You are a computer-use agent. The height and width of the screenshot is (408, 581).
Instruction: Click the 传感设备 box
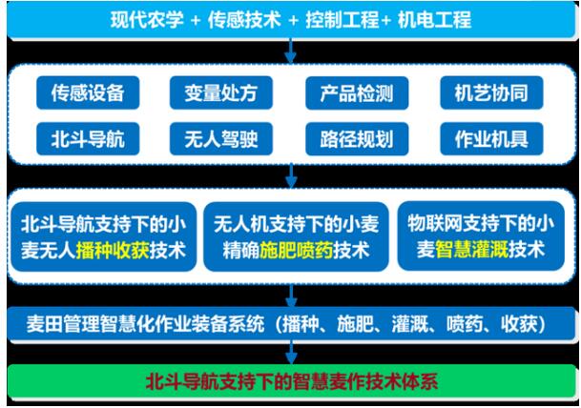[88, 92]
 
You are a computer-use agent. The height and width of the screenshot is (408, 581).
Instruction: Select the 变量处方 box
[221, 92]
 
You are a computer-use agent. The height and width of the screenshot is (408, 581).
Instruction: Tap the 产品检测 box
[357, 92]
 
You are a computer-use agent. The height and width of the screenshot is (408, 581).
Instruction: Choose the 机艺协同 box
[491, 92]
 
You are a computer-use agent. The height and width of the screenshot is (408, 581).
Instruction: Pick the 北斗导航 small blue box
[88, 139]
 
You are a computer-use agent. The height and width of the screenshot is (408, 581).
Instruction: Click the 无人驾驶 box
[221, 139]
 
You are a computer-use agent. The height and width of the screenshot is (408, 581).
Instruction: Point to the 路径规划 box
[357, 139]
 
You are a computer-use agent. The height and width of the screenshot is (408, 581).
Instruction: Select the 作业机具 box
[491, 139]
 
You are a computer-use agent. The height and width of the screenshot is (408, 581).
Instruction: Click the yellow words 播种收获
[113, 251]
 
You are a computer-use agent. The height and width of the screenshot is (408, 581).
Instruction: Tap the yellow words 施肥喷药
[296, 251]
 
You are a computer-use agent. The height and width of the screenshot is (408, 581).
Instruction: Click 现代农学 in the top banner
[147, 19]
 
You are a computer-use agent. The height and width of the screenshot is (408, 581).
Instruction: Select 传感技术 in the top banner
[244, 19]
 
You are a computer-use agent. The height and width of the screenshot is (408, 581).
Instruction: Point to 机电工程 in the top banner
[434, 19]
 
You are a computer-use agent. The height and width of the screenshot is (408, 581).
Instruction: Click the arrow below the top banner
[290, 51]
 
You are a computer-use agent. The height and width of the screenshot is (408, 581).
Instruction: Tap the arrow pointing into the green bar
[291, 353]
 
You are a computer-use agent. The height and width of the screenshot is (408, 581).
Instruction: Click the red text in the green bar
[292, 381]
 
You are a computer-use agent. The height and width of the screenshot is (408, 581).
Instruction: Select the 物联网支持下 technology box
[481, 236]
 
